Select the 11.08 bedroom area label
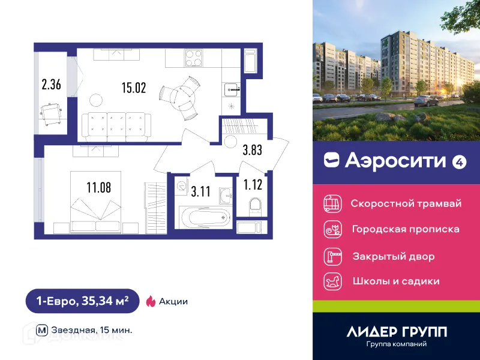(x=98, y=188)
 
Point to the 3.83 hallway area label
(x=253, y=151)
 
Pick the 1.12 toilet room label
(x=254, y=184)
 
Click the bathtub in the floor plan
(x=203, y=216)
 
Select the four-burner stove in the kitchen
(x=194, y=58)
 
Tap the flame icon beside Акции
(x=151, y=301)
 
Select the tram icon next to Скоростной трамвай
(x=332, y=203)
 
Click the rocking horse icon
(x=332, y=281)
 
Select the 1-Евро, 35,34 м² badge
(x=82, y=301)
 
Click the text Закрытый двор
(x=393, y=256)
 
